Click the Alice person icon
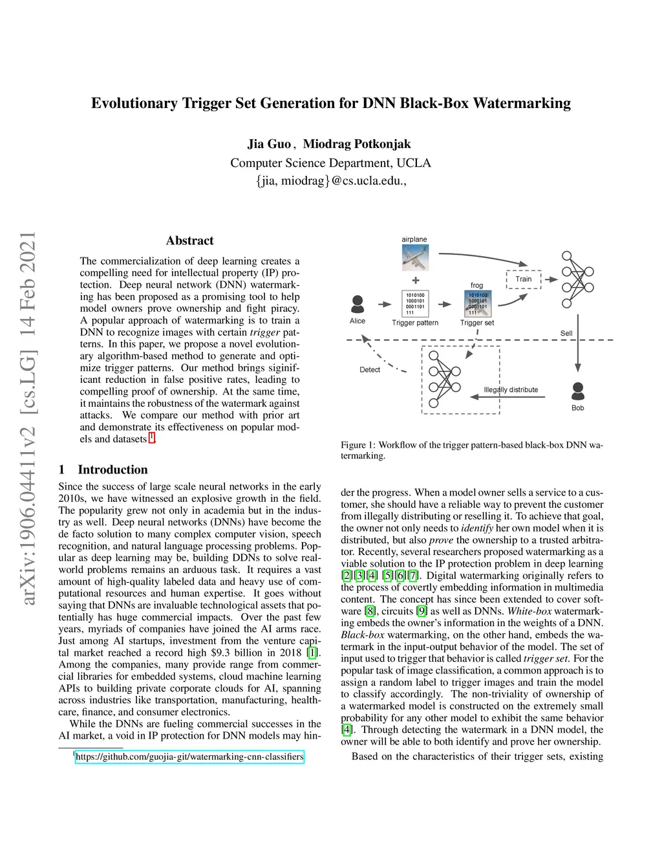point(357,303)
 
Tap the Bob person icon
point(578,391)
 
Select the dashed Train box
point(524,279)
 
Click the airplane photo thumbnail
point(414,258)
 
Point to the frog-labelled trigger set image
point(477,303)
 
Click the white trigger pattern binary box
point(415,303)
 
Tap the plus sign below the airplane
point(416,280)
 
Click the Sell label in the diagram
point(566,333)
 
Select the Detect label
point(370,370)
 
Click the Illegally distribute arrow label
point(511,390)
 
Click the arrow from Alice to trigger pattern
point(386,304)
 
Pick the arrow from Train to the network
point(551,279)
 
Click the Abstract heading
point(189,241)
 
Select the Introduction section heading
point(112,470)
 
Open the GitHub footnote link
point(189,757)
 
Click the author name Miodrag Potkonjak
point(357,144)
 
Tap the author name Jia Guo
point(269,144)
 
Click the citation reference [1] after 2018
point(313,653)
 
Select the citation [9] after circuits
point(422,611)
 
